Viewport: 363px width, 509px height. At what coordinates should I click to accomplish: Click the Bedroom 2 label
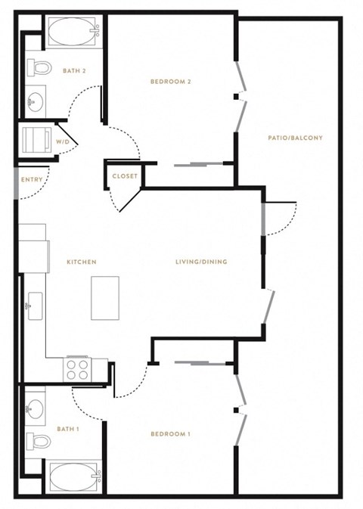click(x=171, y=82)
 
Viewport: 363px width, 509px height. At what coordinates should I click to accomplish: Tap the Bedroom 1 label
click(x=171, y=434)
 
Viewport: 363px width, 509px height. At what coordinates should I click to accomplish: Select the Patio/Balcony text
click(x=296, y=138)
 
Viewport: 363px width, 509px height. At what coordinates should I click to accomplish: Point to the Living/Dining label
click(x=201, y=262)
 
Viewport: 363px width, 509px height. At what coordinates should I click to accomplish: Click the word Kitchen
click(x=82, y=262)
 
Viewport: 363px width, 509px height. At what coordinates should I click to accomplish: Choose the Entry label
click(x=32, y=179)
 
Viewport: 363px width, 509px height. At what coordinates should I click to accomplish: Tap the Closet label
click(x=125, y=176)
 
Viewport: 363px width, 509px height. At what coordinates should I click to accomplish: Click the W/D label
click(x=63, y=142)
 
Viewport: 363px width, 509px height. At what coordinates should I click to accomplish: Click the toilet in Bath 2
click(x=39, y=67)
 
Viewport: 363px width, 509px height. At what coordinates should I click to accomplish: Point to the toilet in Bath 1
click(x=39, y=441)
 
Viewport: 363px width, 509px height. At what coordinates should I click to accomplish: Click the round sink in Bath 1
click(x=35, y=408)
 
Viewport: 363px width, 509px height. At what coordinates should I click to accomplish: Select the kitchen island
click(x=105, y=298)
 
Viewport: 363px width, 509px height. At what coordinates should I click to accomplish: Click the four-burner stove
click(x=78, y=370)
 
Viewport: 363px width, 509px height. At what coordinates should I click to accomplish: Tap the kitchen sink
click(x=35, y=306)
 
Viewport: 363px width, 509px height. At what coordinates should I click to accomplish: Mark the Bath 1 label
click(x=68, y=429)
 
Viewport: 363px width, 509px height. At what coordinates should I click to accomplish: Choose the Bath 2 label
click(x=74, y=70)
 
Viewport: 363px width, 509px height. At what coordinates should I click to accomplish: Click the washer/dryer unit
click(x=37, y=140)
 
